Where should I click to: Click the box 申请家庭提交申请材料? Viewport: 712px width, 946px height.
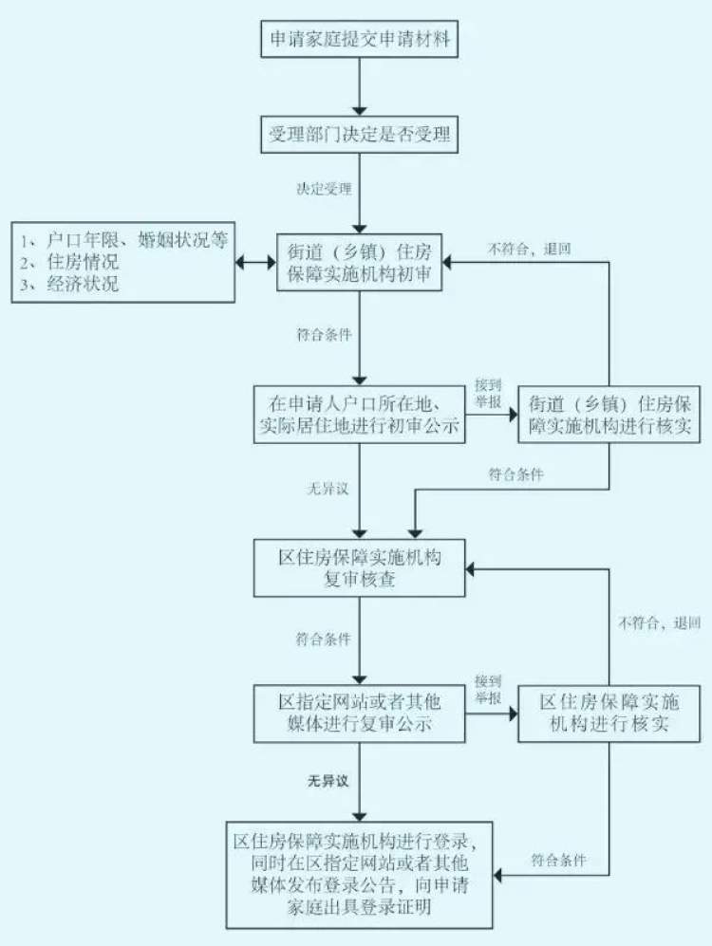click(359, 40)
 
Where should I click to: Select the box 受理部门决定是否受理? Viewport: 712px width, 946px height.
click(359, 136)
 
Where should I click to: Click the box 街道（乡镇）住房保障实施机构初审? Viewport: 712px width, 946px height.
click(361, 263)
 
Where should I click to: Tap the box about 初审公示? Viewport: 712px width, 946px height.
click(359, 415)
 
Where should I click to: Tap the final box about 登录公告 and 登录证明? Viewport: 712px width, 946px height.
click(359, 874)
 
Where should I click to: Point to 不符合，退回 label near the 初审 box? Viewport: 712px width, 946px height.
click(530, 250)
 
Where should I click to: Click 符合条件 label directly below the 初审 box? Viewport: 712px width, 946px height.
click(324, 334)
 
